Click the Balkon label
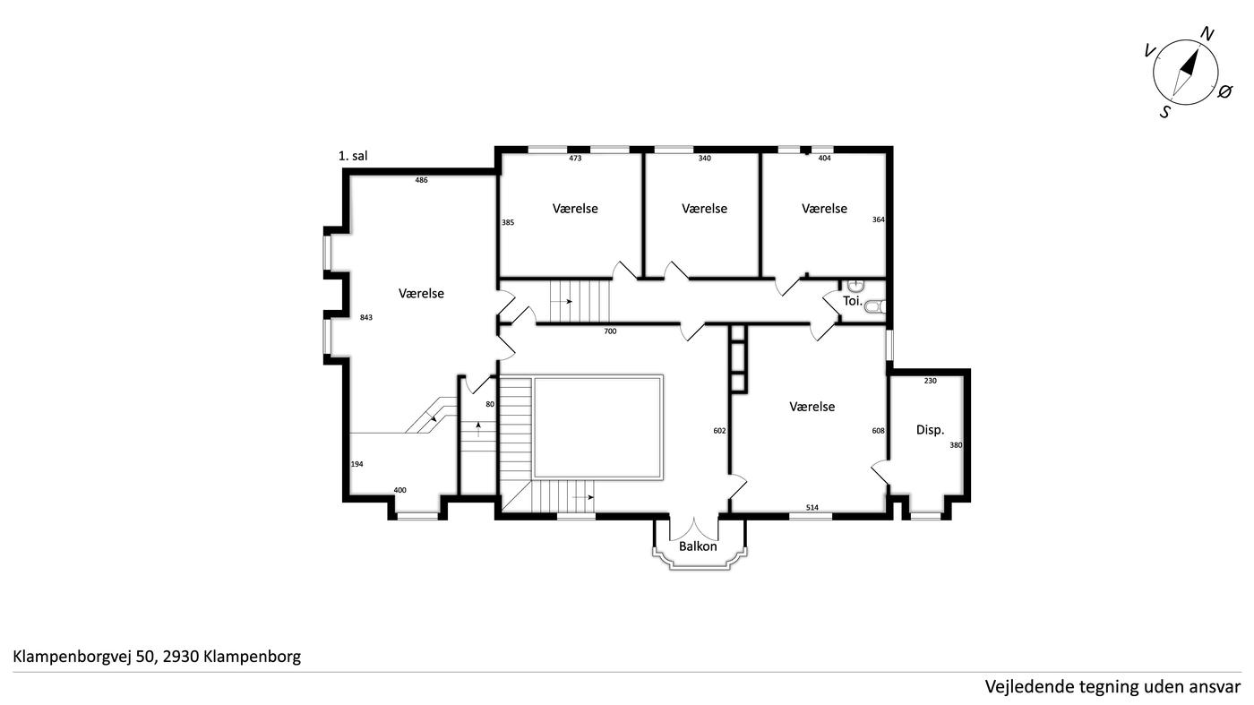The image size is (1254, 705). click(698, 546)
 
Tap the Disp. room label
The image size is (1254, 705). click(930, 429)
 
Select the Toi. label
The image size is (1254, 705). click(853, 301)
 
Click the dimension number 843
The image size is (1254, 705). click(366, 317)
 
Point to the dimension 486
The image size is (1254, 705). click(421, 180)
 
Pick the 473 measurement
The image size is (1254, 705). click(575, 158)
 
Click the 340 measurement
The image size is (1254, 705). click(704, 158)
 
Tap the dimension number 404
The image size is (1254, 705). click(824, 158)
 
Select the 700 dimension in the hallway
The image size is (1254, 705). click(610, 331)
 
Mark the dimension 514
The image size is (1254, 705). click(812, 507)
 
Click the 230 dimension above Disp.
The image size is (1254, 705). click(930, 381)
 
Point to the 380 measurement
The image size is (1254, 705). click(956, 445)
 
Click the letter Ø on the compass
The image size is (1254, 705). click(1224, 91)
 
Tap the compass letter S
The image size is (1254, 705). click(1165, 112)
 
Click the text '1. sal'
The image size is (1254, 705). click(353, 156)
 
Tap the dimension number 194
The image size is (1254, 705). click(356, 464)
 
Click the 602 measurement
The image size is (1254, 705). click(719, 431)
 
